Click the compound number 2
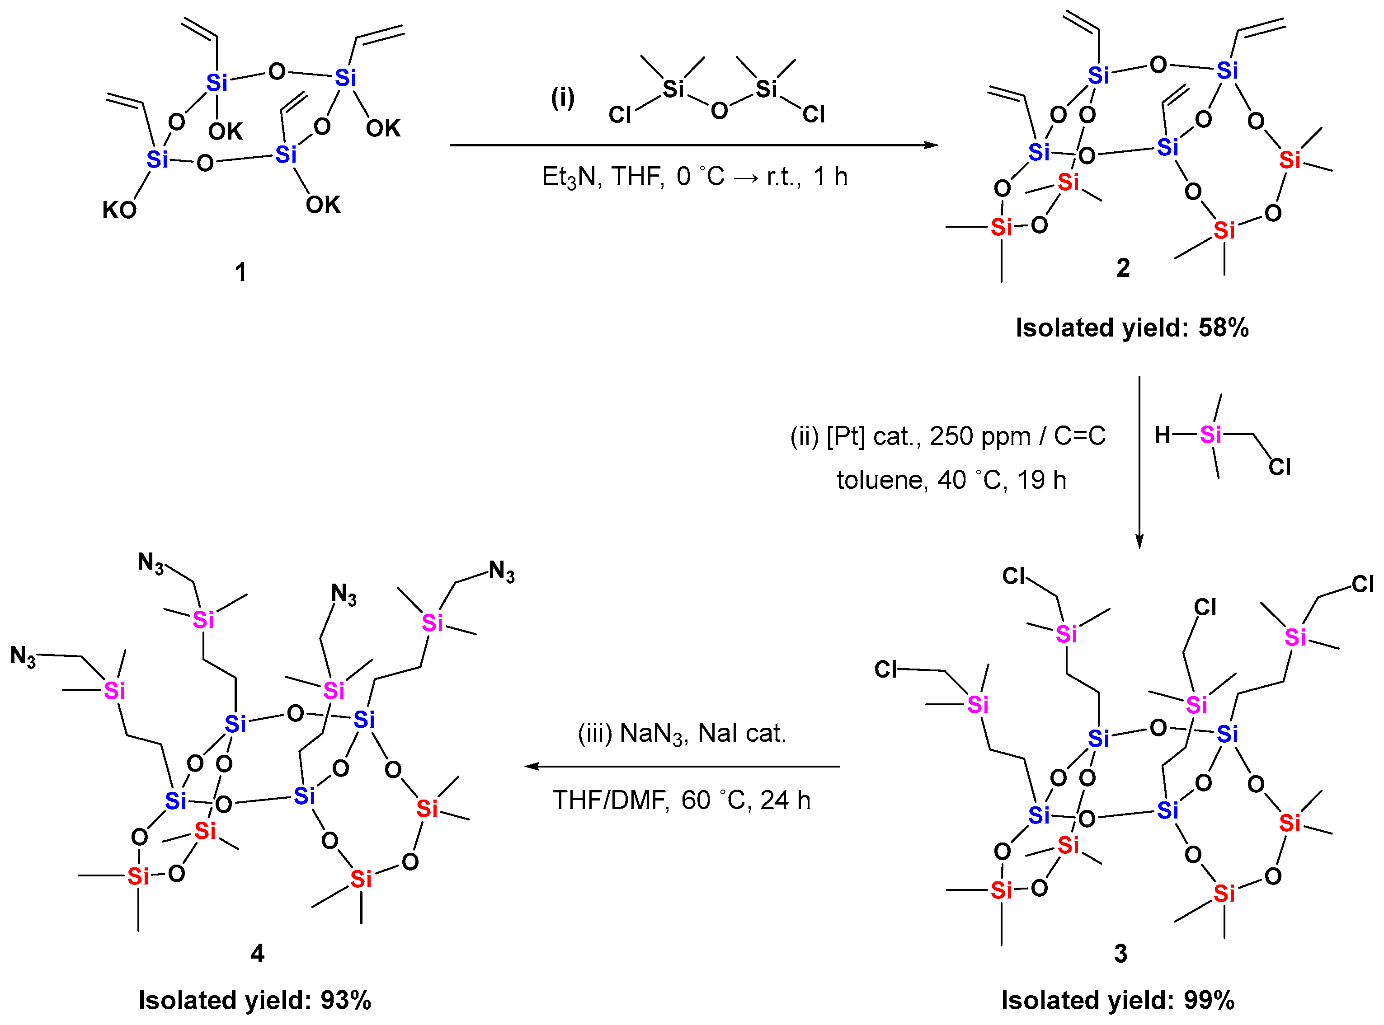click(1123, 268)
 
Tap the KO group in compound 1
click(119, 211)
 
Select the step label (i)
click(563, 98)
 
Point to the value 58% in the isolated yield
click(1223, 328)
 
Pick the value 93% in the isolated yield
click(346, 1001)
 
